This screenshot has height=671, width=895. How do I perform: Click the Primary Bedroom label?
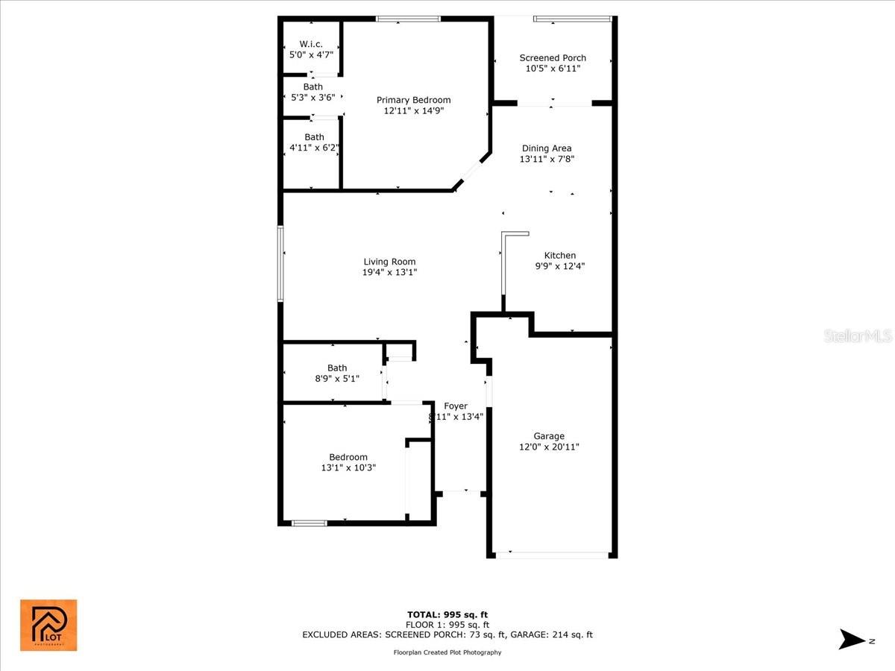(x=413, y=100)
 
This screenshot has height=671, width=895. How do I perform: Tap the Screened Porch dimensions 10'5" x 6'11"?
(x=553, y=69)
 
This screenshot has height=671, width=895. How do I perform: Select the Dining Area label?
(x=547, y=148)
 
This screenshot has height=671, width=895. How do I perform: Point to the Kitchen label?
(x=559, y=256)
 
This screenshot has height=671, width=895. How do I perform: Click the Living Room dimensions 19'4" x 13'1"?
(x=389, y=273)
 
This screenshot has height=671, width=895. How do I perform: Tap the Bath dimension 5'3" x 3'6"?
(x=313, y=98)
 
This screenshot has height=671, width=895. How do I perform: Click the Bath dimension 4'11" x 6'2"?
(x=314, y=148)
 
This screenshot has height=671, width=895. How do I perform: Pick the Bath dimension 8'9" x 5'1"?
(x=337, y=379)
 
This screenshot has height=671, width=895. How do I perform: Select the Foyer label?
(x=456, y=406)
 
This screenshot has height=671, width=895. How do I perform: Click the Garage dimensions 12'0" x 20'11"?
(x=549, y=447)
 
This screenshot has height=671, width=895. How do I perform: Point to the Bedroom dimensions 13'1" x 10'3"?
(x=348, y=468)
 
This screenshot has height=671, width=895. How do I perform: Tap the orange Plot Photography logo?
(x=48, y=625)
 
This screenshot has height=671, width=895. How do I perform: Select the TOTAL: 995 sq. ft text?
(x=447, y=614)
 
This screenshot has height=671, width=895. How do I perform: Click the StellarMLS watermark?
(x=858, y=337)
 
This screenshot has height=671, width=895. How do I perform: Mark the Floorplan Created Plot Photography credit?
(x=447, y=652)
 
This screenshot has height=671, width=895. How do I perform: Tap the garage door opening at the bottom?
(x=553, y=555)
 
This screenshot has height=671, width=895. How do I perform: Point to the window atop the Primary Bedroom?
(x=408, y=19)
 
